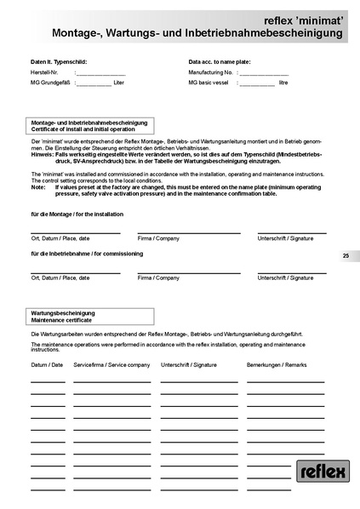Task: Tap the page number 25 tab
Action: pos(346,255)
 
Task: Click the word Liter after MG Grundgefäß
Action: pos(118,83)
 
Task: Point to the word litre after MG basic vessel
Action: pos(283,83)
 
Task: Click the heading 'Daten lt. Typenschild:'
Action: pos(58,62)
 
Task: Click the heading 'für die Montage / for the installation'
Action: pos(77,214)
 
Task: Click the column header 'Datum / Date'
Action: pos(47,364)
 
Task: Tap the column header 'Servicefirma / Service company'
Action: pos(111,364)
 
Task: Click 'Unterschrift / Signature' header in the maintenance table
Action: pos(188,364)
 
